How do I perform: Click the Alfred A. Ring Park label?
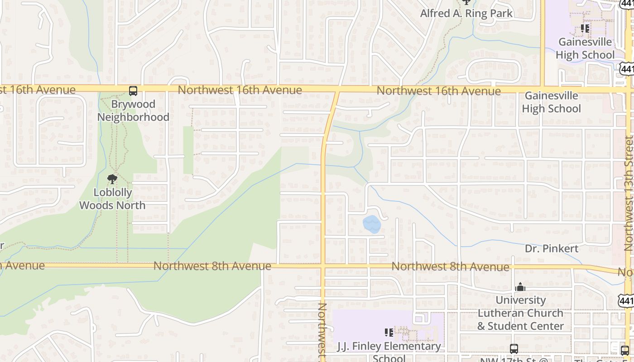(466, 13)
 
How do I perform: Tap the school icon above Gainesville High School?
(585, 29)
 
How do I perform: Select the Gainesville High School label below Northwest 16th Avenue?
(551, 102)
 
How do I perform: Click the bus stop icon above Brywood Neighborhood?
(133, 91)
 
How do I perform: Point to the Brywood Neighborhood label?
(133, 110)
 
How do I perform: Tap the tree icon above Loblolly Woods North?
(112, 180)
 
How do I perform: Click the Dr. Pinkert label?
(552, 248)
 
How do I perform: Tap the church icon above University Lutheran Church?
(520, 287)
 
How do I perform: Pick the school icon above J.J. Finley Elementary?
(389, 333)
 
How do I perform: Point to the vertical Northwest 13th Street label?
(628, 194)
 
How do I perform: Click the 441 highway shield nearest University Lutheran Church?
(625, 300)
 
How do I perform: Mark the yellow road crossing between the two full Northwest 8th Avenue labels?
(323, 266)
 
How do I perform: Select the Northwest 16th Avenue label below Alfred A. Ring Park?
(438, 91)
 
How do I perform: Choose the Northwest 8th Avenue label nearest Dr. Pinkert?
(450, 267)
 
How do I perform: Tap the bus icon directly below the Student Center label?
(514, 349)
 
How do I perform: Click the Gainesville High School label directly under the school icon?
(585, 48)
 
